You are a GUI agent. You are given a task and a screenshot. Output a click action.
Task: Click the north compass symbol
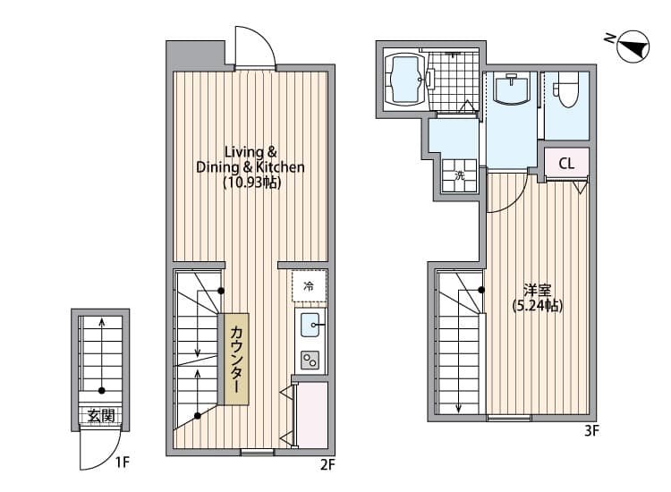pos(633,47)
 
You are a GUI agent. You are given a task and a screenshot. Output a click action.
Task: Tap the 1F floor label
pos(122,462)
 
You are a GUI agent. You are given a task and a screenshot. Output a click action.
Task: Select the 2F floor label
pos(327,464)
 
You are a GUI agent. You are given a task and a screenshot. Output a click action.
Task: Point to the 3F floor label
pos(591,431)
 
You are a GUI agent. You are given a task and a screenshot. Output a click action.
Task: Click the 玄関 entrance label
pos(101,415)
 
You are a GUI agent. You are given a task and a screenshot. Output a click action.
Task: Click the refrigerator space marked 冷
pos(310,285)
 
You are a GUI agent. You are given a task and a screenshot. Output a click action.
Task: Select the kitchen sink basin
pos(310,325)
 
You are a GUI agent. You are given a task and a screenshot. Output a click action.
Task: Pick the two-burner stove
pos(310,361)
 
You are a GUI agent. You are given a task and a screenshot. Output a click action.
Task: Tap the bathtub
pos(404,80)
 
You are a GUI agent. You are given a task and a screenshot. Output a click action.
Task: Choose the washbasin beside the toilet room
pos(512,88)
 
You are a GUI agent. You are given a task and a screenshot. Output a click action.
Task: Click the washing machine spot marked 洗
pos(460,175)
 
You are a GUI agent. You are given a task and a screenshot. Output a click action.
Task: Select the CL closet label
pos(566,163)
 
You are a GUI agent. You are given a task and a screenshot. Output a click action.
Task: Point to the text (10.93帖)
pos(252,182)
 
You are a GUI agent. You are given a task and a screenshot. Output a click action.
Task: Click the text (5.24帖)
pos(538,305)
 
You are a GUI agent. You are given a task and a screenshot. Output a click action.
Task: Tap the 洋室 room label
pos(538,291)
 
